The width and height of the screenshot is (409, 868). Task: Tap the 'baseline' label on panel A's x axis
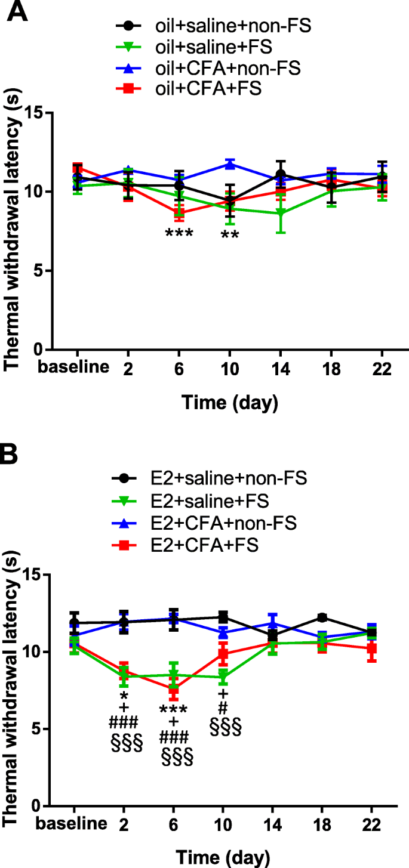(75, 367)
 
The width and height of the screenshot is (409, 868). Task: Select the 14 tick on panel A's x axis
(281, 367)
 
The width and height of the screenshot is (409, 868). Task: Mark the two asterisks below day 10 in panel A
(230, 236)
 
